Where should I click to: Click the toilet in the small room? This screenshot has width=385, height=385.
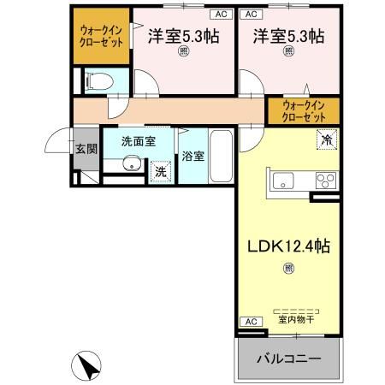tap(97, 80)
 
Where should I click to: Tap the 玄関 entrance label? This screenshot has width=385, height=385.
tap(85, 148)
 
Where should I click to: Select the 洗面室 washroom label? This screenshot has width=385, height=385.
tap(138, 142)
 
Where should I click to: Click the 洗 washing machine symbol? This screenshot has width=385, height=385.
tap(160, 172)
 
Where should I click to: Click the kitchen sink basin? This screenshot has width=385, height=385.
tap(283, 181)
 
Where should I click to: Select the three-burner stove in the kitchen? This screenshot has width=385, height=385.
tap(326, 181)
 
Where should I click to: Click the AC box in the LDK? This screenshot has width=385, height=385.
tap(250, 321)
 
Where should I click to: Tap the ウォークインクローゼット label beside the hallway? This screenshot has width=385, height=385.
tap(304, 110)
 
